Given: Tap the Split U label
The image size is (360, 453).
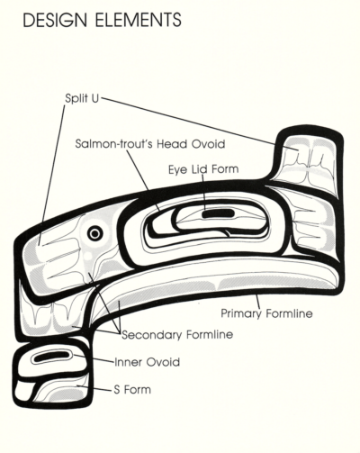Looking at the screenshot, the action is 82,98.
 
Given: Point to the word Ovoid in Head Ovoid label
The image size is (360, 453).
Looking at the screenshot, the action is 208,144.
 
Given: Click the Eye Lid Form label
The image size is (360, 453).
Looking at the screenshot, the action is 203,169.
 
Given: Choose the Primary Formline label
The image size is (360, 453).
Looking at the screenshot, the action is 266,313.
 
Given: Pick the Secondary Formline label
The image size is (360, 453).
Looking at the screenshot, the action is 177,334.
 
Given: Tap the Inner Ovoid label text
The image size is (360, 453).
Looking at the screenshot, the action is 148,362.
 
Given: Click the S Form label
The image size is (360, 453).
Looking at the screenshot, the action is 132,390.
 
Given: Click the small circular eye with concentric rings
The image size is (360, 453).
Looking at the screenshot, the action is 95,232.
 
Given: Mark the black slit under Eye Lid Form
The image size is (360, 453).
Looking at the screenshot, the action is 218,213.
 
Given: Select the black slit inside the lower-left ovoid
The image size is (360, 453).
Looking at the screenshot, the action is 51,357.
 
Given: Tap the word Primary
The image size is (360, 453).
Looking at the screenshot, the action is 241,313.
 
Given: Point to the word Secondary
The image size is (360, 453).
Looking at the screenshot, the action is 152,334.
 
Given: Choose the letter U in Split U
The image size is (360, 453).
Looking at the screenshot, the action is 94,98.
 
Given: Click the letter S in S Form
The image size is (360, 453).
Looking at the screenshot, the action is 117,390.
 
